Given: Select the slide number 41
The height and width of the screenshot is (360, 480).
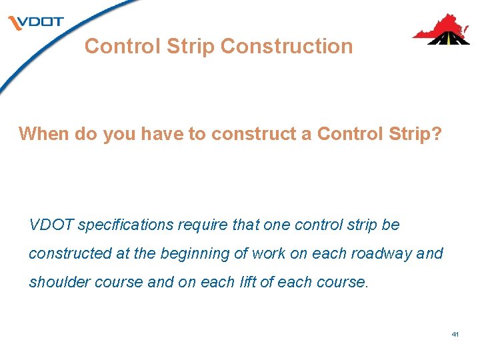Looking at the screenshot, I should [x=455, y=333].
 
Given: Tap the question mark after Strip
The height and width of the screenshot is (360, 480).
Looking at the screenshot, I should [x=436, y=134].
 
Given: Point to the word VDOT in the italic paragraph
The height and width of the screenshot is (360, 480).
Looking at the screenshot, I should [x=52, y=225].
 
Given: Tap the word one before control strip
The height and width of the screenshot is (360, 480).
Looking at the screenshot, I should [x=277, y=225].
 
